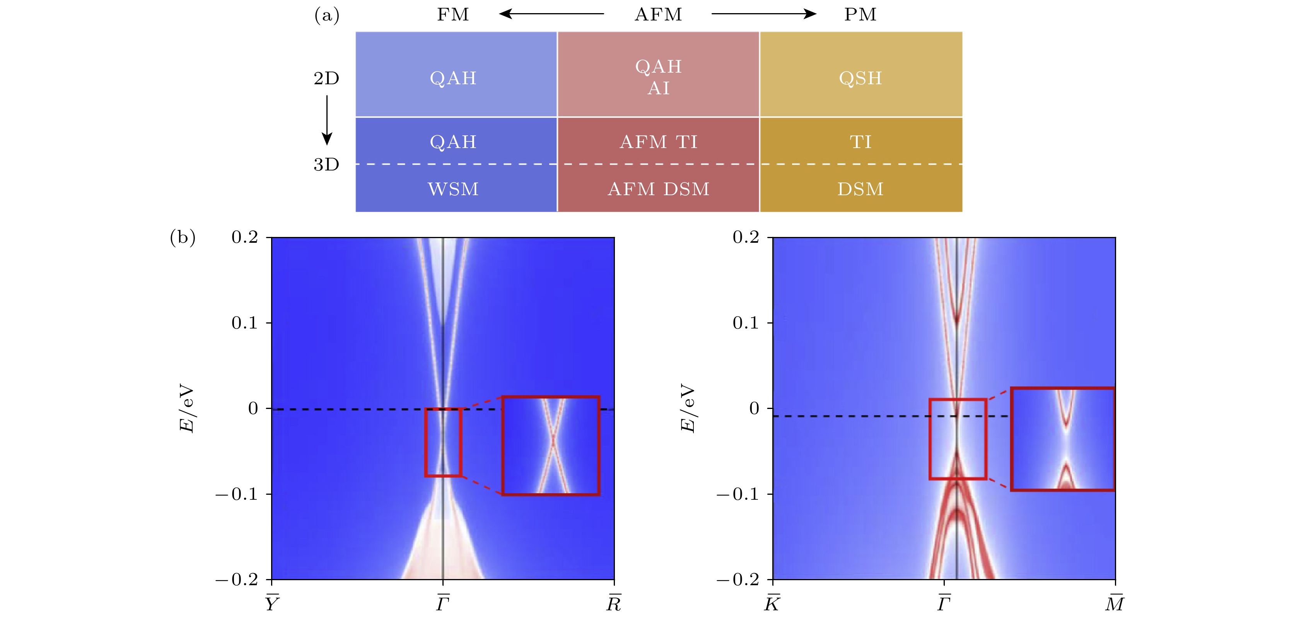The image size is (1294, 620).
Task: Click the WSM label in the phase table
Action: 453,189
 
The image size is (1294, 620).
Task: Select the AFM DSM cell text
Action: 659,189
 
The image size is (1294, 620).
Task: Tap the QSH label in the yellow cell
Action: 860,78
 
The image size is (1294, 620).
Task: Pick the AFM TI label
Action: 659,142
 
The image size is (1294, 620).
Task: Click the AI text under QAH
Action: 659,89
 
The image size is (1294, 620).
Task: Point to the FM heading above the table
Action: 453,15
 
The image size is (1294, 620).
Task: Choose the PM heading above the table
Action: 860,15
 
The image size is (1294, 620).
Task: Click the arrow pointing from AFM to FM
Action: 551,14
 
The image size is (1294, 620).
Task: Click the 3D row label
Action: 326,165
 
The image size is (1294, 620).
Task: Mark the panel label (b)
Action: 183,237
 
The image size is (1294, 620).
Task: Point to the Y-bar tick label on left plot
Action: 272,603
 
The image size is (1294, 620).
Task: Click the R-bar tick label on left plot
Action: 614,603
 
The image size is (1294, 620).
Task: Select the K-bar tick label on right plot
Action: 772,603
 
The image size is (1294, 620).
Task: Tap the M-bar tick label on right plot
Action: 1115,603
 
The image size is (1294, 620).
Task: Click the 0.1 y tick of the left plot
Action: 245,323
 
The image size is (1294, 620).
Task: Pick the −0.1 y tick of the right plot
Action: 737,494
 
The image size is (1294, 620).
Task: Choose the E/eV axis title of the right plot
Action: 688,408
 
